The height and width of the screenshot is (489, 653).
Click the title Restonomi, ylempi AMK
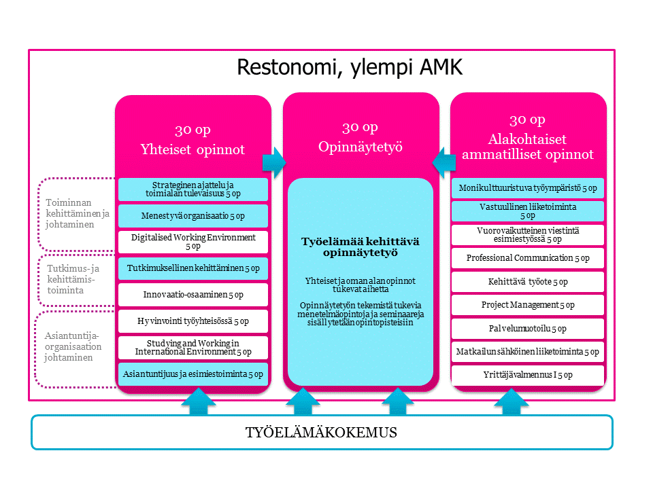pos(349,67)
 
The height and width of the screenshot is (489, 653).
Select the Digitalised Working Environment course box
pos(193,242)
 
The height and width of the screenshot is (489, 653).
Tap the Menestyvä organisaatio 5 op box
pos(193,216)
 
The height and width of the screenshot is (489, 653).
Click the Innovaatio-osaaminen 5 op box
pos(193,295)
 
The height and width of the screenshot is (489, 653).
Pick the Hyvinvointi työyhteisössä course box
pos(193,321)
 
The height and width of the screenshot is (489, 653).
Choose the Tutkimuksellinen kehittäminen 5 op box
pos(193,268)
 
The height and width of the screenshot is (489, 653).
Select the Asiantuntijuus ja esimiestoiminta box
pos(193,373)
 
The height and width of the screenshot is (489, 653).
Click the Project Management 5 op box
pos(528,305)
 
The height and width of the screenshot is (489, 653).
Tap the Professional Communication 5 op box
pos(528,258)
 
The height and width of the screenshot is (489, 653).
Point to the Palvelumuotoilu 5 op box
pos(528,329)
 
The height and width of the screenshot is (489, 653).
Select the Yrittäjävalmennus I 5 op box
pos(528,375)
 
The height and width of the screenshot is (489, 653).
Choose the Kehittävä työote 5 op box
pos(528,281)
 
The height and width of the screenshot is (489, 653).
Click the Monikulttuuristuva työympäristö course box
pos(528,187)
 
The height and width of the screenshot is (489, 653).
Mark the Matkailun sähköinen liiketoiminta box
pos(528,352)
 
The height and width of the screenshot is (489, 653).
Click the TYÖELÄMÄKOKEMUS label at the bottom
pos(322,433)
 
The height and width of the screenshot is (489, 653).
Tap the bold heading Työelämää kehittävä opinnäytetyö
pos(359,247)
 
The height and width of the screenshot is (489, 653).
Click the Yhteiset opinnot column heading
pos(192,149)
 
